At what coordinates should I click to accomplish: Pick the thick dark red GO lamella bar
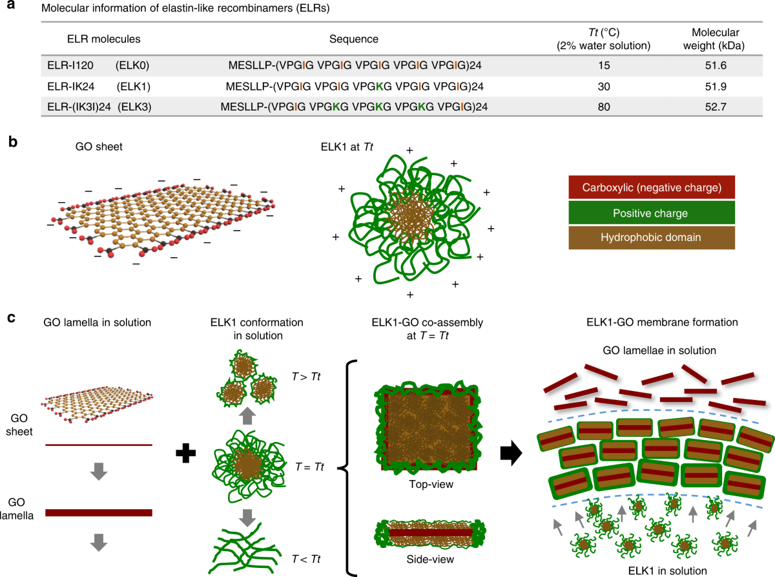98,512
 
